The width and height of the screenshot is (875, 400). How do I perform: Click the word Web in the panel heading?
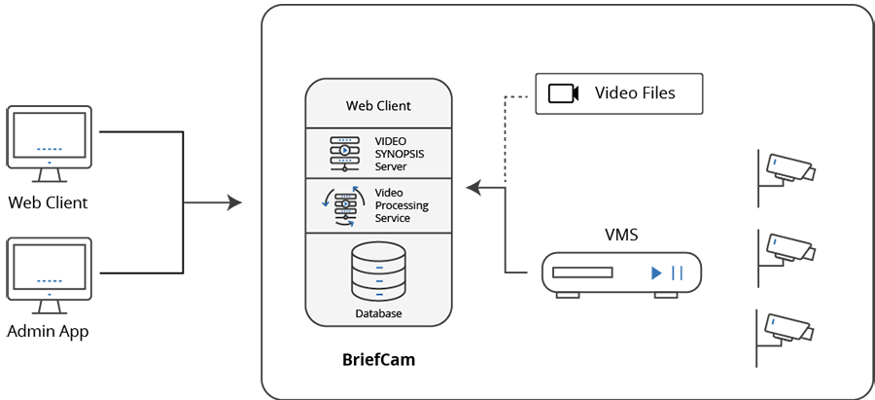(361, 105)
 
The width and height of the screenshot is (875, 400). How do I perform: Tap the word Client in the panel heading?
(393, 105)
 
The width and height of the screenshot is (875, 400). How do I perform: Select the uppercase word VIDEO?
(391, 140)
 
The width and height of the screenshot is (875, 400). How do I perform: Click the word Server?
(392, 165)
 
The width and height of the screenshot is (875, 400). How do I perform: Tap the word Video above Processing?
(390, 194)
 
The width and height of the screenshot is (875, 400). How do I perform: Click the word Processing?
(402, 206)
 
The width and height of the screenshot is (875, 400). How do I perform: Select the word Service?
(393, 219)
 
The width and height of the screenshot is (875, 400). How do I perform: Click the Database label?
(377, 314)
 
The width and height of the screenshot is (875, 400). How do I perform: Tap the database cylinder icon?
(377, 273)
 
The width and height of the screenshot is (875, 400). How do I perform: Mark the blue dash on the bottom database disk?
(378, 293)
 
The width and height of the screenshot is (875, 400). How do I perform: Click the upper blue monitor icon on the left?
(50, 142)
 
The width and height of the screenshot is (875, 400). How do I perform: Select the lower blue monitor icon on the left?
(50, 273)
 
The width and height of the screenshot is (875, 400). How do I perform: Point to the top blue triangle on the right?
(776, 164)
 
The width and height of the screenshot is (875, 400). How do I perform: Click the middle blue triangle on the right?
(776, 242)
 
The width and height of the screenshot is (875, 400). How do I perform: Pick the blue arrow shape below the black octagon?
(661, 273)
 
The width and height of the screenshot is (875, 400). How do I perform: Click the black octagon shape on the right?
(621, 205)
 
